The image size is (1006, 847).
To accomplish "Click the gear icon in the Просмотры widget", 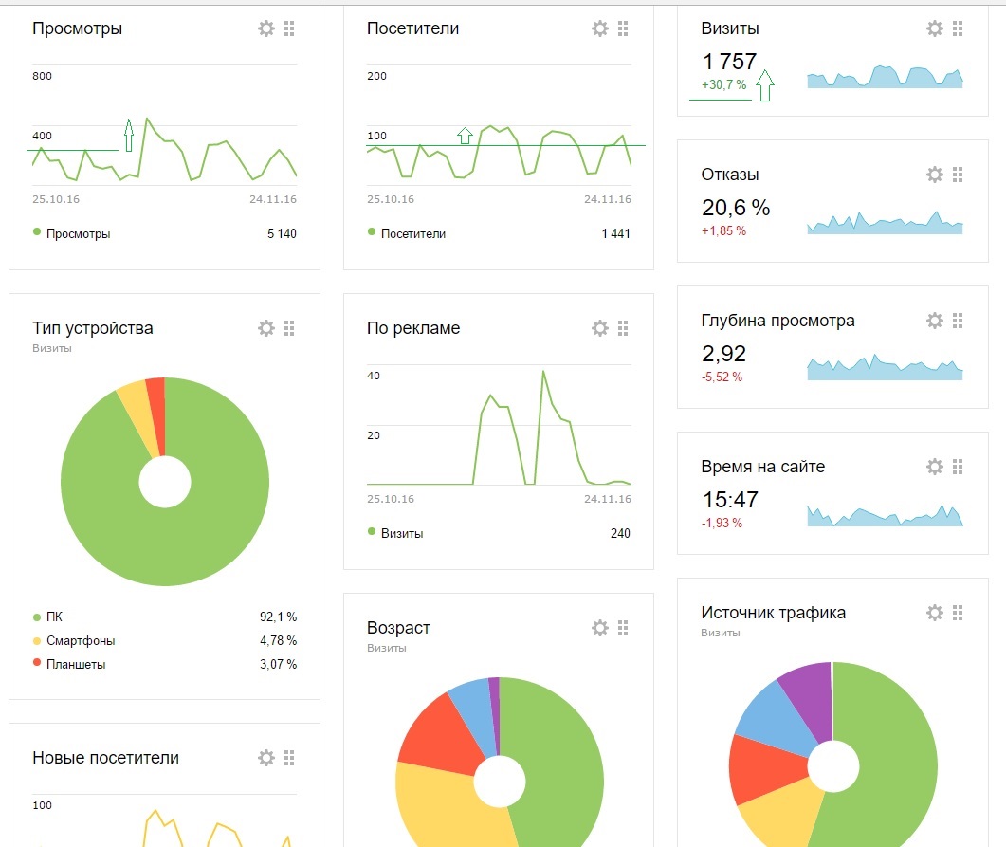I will tap(266, 28).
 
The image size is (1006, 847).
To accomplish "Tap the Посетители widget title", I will tap(412, 28).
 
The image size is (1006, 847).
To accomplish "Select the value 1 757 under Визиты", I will tap(729, 62).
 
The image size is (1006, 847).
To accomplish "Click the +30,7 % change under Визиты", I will tap(723, 85).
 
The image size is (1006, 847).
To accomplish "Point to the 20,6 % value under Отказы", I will tap(736, 207).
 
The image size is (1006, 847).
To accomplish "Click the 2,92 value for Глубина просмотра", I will tap(723, 354).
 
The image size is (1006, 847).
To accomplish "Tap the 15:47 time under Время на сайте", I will tap(730, 500).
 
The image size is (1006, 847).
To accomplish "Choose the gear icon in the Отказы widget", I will tap(935, 175).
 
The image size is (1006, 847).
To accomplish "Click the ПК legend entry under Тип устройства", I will tap(53, 617).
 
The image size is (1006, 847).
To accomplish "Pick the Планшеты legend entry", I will tap(75, 664).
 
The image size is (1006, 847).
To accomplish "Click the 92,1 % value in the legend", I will tap(278, 617).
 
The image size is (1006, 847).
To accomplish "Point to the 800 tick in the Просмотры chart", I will tap(43, 76).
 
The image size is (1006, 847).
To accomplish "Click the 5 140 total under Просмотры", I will tap(282, 233).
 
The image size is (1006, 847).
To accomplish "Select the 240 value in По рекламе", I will tap(620, 533).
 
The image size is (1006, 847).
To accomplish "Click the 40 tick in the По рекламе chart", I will tap(374, 376).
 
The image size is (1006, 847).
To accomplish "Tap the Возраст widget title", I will tap(398, 628).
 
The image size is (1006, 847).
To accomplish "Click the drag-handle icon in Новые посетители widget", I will tap(289, 758).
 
